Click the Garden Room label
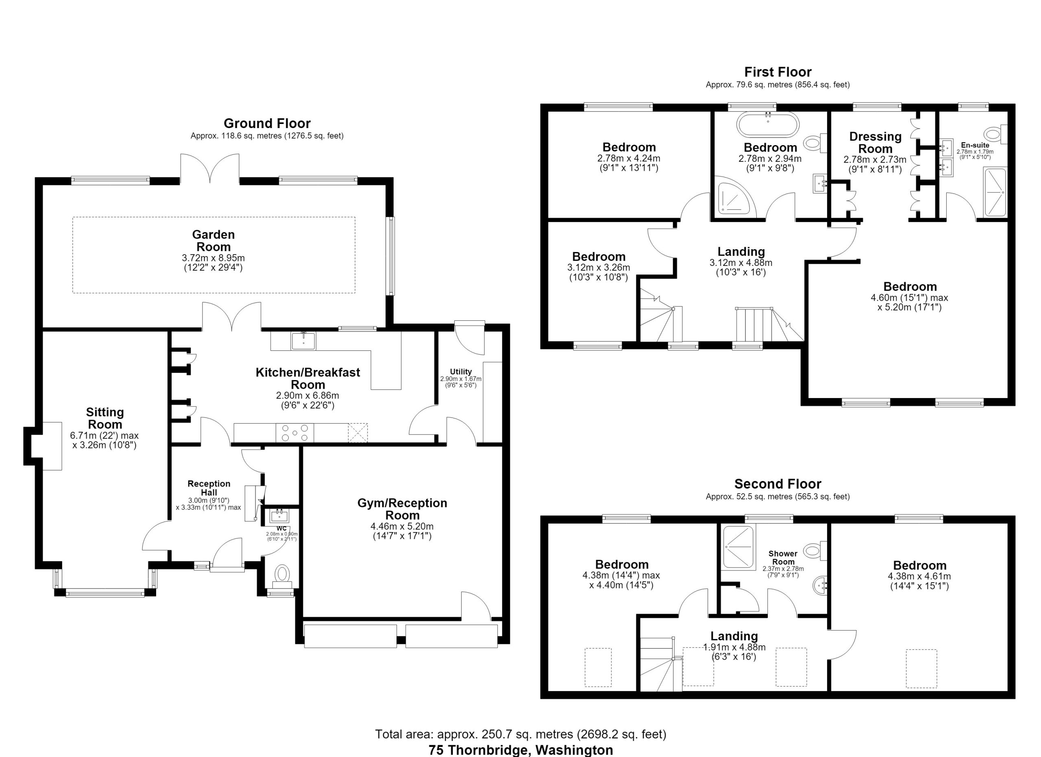pos(213,241)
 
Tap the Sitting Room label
pos(105,418)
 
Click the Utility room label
pos(461,372)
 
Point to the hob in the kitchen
pos(295,433)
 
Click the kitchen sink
pos(303,341)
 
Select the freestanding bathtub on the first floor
pos(768,124)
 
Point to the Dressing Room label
pos(875,143)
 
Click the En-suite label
pos(975,146)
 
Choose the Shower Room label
pos(783,558)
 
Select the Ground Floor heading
pos(267,124)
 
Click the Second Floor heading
pos(778,484)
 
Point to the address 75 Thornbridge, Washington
pos(521,750)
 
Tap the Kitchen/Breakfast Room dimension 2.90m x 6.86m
pos(307,396)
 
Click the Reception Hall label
pos(209,488)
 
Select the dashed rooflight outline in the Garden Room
pos(214,217)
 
